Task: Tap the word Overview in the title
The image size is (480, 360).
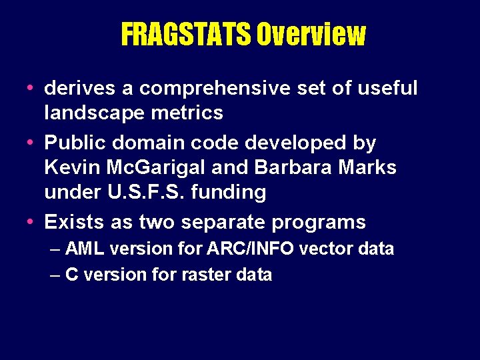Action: [311, 35]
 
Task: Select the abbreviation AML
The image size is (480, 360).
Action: [85, 249]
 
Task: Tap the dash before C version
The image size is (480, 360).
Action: [56, 275]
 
